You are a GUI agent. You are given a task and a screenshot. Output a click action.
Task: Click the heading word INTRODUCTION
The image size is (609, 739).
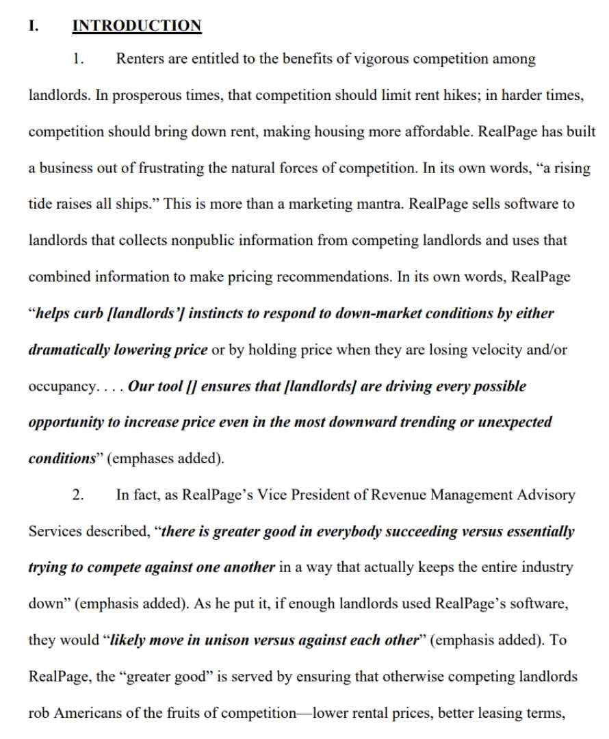(137, 26)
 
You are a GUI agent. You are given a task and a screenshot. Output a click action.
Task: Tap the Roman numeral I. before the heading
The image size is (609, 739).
(34, 26)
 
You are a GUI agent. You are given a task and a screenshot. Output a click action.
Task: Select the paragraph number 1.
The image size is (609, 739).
(79, 59)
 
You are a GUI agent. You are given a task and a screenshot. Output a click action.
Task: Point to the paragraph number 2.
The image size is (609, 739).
(79, 495)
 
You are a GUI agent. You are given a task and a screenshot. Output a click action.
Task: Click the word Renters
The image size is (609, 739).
(140, 59)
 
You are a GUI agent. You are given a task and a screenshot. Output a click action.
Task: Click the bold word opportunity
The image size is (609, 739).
(68, 422)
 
